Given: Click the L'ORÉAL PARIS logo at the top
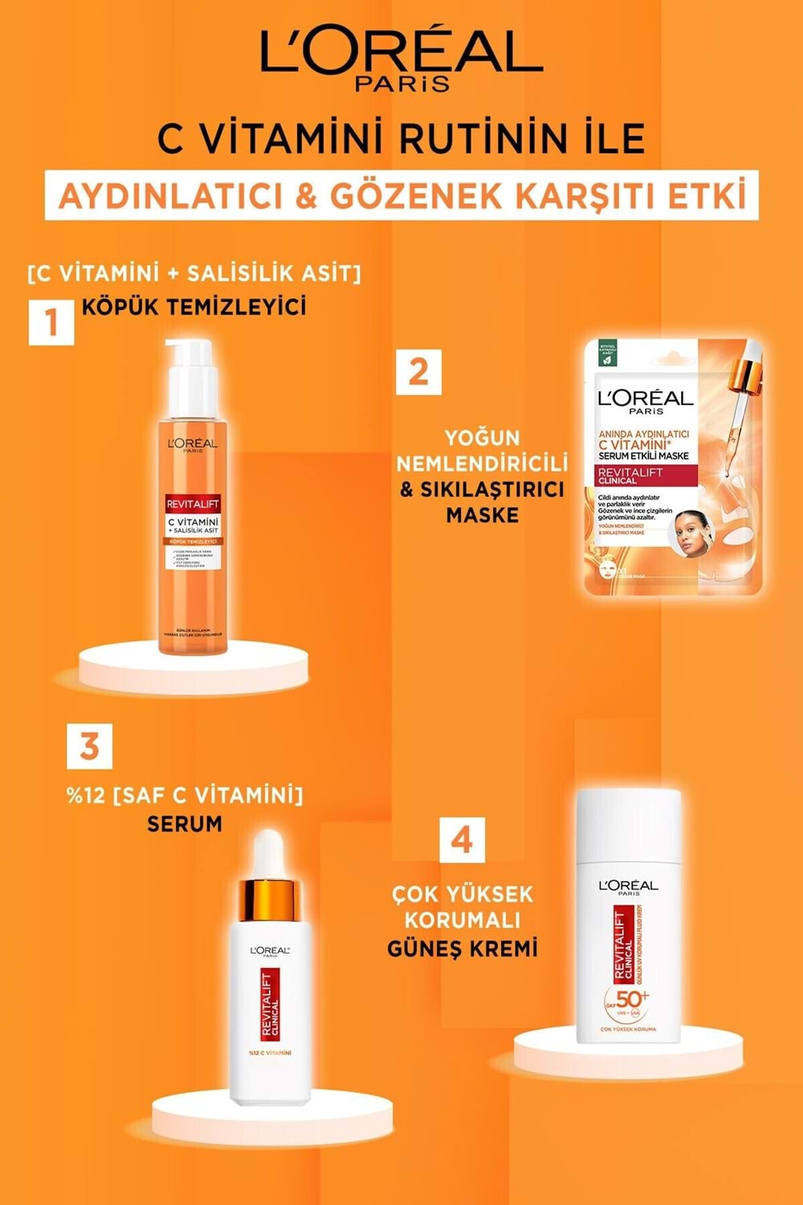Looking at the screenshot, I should click(401, 60).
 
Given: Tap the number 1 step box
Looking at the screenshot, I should click(51, 322).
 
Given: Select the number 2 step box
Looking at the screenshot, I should click(418, 372).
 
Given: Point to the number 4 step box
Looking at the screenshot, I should click(462, 841).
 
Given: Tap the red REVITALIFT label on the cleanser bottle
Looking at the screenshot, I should click(193, 504).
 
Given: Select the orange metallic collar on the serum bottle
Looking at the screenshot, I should click(270, 901).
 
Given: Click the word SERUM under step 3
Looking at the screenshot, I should click(185, 824).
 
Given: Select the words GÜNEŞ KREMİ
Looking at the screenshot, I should click(462, 949).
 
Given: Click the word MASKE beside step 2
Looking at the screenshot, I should click(482, 515).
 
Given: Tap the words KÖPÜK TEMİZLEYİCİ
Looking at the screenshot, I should click(194, 307).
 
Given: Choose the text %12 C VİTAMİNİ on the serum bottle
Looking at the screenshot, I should click(269, 1052).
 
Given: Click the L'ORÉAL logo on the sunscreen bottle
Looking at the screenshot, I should click(628, 886).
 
